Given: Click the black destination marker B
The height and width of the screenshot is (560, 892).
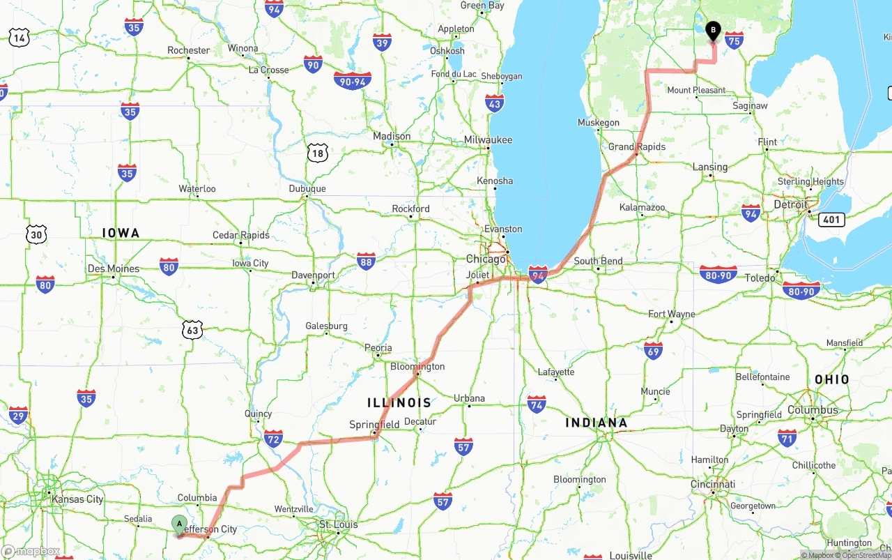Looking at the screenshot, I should (713, 31).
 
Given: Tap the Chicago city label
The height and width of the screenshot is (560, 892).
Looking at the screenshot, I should (486, 259).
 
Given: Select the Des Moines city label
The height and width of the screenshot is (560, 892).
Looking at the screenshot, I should (114, 268).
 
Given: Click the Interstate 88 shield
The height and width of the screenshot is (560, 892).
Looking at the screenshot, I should (366, 261).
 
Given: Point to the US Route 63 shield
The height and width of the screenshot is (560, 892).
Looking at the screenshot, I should (193, 330).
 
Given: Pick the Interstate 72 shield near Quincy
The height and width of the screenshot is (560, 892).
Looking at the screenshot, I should (274, 438).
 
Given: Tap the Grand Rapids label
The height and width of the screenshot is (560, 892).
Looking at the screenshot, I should (637, 146).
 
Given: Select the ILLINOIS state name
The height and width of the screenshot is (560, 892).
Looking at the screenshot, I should (399, 403).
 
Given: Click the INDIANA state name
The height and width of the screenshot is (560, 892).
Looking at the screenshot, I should (596, 423).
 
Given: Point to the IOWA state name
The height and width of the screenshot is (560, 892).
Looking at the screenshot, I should (121, 233).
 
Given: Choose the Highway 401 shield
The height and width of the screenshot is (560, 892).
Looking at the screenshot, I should (833, 220).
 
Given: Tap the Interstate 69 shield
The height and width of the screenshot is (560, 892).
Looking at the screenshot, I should (653, 350).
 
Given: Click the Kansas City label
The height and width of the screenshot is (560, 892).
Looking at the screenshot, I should (77, 499).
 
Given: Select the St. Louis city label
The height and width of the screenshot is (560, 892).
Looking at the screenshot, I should (338, 524).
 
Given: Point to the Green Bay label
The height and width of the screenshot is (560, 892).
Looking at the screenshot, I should (482, 6).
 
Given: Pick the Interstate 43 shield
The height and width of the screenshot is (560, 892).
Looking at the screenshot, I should (495, 103).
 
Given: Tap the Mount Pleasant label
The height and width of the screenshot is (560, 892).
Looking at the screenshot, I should (696, 90).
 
